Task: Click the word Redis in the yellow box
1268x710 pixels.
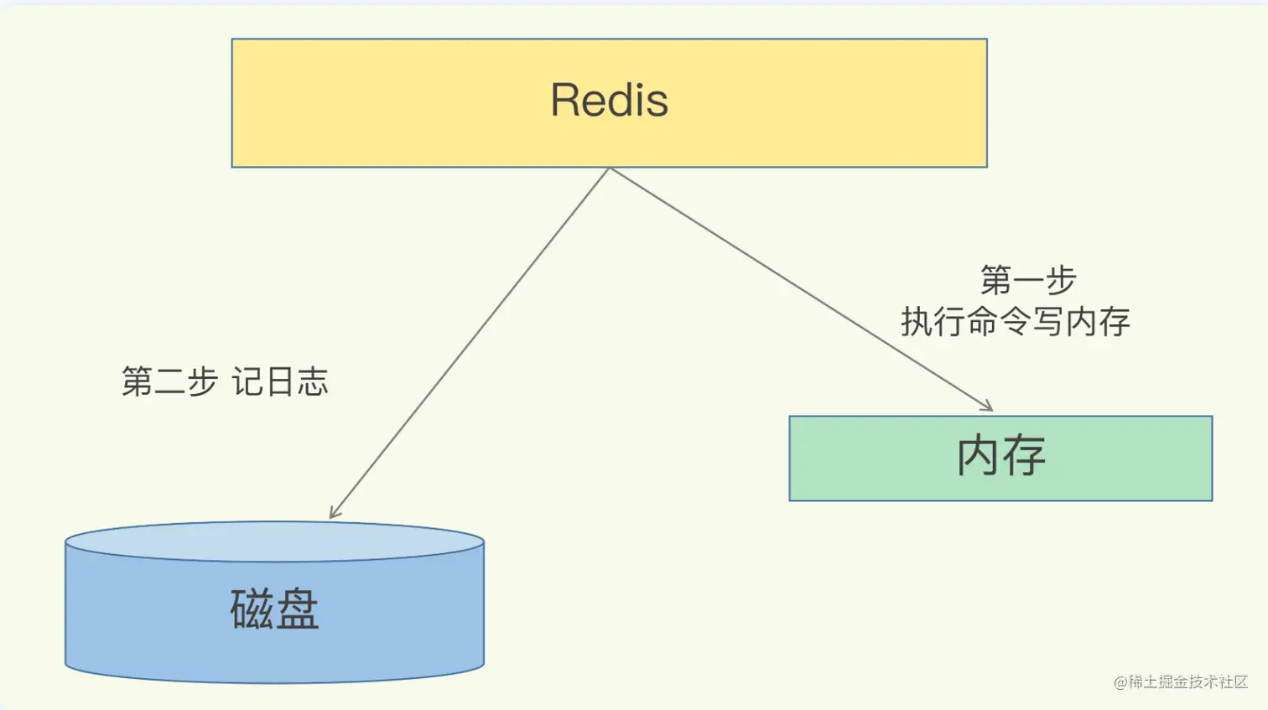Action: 609,101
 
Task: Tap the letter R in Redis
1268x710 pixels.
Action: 566,101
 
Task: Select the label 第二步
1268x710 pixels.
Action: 169,381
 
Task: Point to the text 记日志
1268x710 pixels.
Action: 280,381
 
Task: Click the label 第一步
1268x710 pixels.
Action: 1028,280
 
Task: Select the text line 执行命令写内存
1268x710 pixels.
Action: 1016,322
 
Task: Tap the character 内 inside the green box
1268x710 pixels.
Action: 978,456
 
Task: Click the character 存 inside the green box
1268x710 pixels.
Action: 1025,456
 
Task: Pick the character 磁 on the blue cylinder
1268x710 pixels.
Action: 251,609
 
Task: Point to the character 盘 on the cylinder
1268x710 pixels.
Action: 298,609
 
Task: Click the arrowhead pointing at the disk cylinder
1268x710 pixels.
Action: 333,513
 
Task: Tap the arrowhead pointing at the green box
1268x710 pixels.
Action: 987,407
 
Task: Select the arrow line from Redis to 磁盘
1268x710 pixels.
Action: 470,344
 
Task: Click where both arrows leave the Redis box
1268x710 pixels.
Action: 610,168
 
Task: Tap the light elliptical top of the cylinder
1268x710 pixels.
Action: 274,542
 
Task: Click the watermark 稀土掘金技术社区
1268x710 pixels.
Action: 1187,682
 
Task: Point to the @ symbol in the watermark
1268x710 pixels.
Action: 1120,682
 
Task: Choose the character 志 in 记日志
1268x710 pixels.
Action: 313,381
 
